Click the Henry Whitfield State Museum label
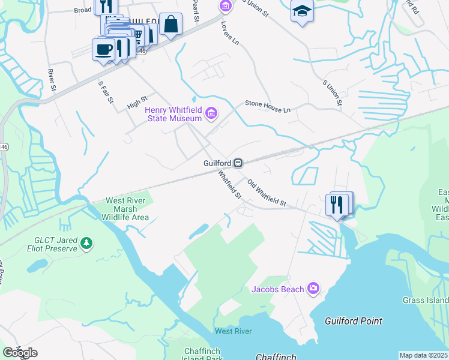(174, 113)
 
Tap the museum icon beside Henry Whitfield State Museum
(211, 113)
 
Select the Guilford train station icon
(238, 163)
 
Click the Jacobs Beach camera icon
(313, 289)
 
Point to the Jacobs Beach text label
(277, 290)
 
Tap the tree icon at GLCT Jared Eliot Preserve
(87, 243)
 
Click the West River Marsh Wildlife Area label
(127, 209)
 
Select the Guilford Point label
(354, 321)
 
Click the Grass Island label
(426, 300)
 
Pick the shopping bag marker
(171, 25)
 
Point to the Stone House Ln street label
(267, 106)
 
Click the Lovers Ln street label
(230, 34)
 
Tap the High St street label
(137, 103)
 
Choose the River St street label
(52, 80)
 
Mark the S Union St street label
(332, 91)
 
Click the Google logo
(20, 353)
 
